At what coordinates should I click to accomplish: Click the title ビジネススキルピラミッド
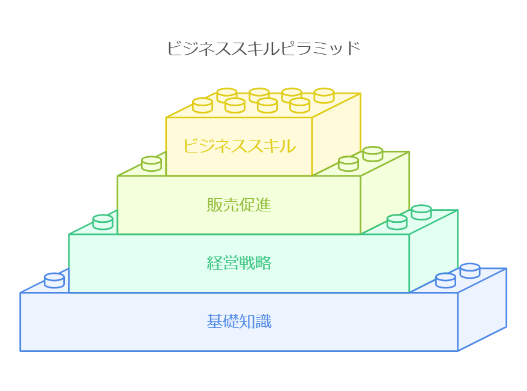coord(263,48)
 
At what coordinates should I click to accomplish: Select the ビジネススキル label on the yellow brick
coord(239,146)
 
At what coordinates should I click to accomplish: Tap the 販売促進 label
coord(239,205)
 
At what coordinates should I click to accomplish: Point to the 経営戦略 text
coord(239,262)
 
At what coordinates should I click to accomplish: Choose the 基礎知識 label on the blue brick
coord(239,322)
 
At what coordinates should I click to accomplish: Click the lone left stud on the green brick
coord(151,163)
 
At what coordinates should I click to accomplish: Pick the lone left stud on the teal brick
coord(103,221)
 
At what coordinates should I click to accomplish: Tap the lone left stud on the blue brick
coord(54,280)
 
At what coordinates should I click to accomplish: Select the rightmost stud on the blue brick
coord(470,270)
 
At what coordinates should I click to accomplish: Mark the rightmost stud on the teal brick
coord(421,211)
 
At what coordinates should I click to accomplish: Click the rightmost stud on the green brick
coord(373,153)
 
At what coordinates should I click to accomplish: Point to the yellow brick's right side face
coord(336,135)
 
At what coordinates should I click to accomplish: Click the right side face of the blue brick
coord(483,309)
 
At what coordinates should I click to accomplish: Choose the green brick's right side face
coord(385,192)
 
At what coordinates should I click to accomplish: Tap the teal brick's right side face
coord(434,251)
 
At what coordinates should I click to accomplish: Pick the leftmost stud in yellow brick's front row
coord(202,105)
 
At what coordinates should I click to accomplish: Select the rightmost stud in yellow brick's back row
coord(324,95)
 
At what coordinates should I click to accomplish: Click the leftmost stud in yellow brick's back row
coord(227,95)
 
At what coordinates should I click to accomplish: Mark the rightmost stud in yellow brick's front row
coord(300,105)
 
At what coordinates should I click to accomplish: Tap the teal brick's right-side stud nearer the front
coord(397,222)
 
